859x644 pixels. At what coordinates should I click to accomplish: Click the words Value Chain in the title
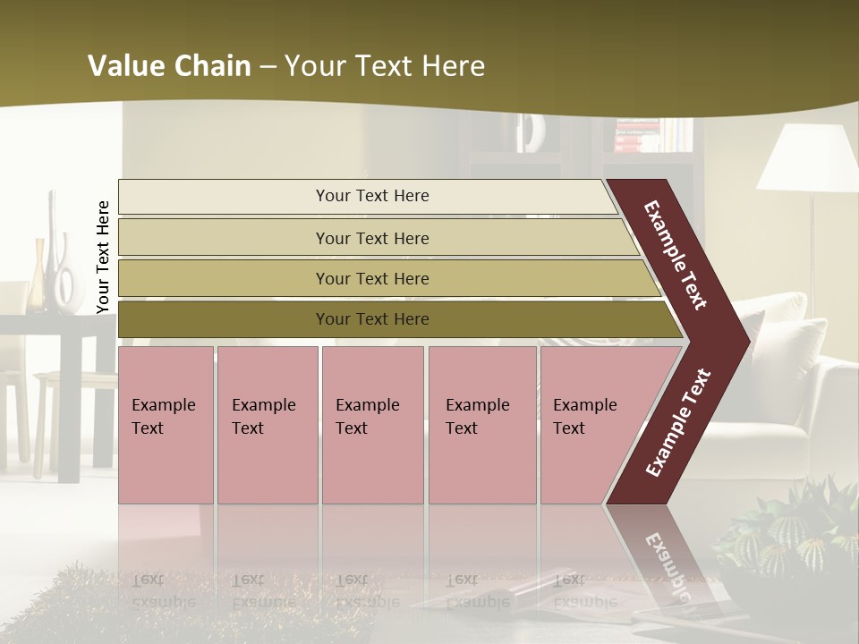(x=169, y=66)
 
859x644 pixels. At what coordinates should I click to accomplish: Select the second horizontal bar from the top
(x=371, y=238)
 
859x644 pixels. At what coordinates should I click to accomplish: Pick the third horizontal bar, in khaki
(x=371, y=278)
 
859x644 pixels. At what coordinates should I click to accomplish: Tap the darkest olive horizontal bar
(x=371, y=319)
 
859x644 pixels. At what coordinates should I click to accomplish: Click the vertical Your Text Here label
(x=103, y=258)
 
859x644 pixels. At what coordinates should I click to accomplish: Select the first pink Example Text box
(x=166, y=425)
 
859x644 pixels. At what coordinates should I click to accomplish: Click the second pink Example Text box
(x=267, y=425)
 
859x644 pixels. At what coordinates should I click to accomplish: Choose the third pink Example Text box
(x=372, y=425)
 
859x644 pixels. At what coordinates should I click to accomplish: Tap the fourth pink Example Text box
(x=481, y=425)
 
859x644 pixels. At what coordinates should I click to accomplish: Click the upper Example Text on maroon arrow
(x=676, y=256)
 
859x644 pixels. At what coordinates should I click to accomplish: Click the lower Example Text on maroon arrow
(x=678, y=422)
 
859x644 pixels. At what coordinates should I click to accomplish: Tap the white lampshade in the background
(x=809, y=158)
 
